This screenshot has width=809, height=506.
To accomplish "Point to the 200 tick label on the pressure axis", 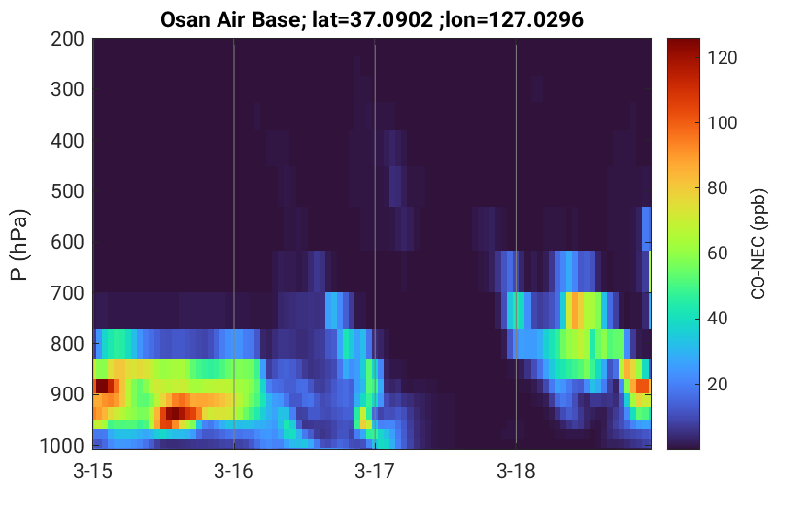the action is [67, 39].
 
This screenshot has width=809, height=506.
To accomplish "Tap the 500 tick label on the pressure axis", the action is [67, 191].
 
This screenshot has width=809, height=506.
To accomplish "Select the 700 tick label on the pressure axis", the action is [67, 293].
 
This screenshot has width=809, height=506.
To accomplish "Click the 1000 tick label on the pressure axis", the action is [62, 446].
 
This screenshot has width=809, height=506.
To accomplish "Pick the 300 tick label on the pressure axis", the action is [67, 89].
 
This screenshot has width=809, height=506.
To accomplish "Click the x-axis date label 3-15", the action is [93, 471].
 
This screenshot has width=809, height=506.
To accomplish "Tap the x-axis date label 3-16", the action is [234, 471].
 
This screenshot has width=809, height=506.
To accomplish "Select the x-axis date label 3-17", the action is [375, 471].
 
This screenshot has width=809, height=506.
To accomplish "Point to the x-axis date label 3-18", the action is [516, 471].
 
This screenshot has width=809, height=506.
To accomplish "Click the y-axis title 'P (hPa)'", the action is [19, 245].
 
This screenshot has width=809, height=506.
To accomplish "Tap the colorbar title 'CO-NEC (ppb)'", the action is [758, 244].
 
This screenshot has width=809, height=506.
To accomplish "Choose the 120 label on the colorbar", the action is [723, 58].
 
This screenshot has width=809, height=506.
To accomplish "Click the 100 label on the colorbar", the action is [723, 123].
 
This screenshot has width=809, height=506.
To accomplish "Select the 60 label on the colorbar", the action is [718, 253].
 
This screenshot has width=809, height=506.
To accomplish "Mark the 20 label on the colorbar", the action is [718, 385].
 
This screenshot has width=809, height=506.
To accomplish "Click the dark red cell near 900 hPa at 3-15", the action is [102, 386].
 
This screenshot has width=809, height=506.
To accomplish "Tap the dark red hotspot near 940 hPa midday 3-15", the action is [176, 413].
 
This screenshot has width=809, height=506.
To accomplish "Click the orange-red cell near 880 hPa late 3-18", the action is [642, 386].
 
